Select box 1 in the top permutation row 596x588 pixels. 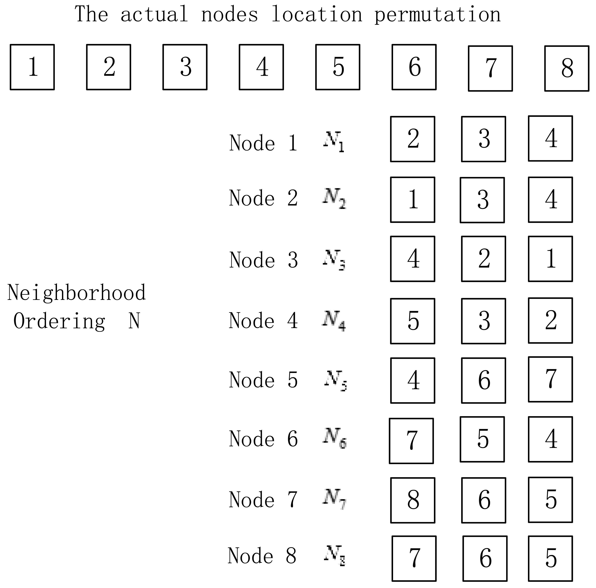32,67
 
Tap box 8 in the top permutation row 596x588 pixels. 567,68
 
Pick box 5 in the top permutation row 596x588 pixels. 338,67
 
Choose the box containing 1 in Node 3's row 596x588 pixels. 550,259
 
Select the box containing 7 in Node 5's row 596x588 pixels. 550,379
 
